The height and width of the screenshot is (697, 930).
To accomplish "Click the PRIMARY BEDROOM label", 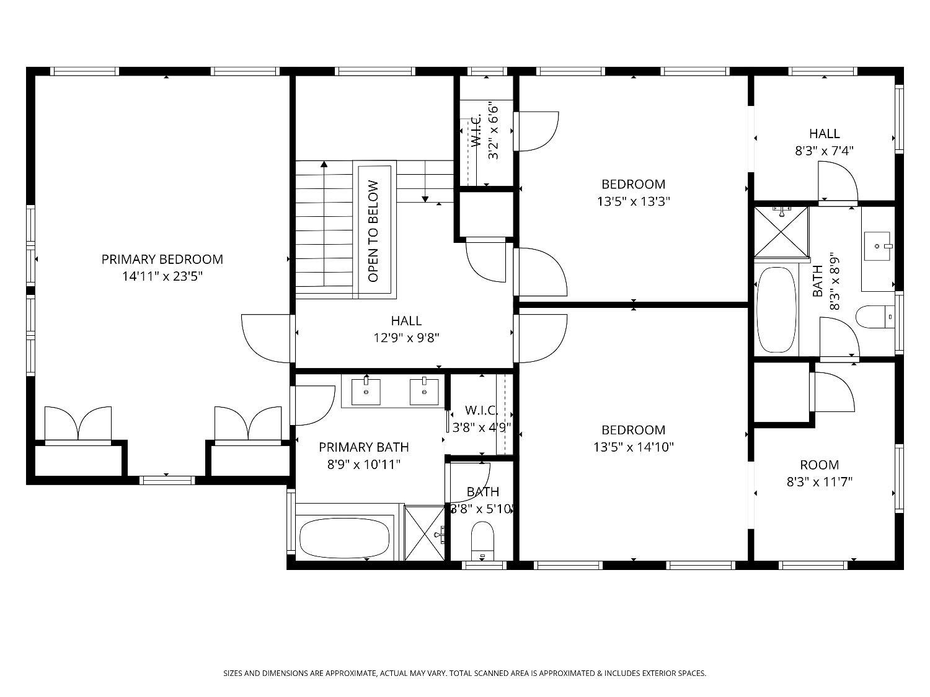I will [x=162, y=259].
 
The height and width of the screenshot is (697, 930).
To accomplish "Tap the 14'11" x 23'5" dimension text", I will [x=162, y=276].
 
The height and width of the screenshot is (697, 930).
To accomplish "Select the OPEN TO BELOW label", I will [x=373, y=231].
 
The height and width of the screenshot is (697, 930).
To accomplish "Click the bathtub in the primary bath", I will [x=345, y=537].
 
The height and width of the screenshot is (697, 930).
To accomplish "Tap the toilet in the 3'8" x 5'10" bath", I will [x=482, y=538].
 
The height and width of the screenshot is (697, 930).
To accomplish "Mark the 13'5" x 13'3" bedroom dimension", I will [x=633, y=201].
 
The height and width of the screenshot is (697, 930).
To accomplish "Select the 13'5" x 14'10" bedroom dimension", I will [x=633, y=447].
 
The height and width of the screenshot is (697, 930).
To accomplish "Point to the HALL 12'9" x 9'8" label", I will [x=406, y=329].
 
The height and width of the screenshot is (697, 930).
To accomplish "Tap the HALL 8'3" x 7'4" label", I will [x=824, y=142].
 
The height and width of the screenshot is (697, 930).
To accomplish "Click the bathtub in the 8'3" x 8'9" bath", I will [x=776, y=308].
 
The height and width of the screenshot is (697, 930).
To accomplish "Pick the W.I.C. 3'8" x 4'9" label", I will [x=481, y=418].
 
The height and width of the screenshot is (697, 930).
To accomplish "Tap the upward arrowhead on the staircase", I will [x=324, y=164].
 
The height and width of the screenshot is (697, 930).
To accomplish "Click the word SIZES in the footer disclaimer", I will [x=234, y=673].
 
